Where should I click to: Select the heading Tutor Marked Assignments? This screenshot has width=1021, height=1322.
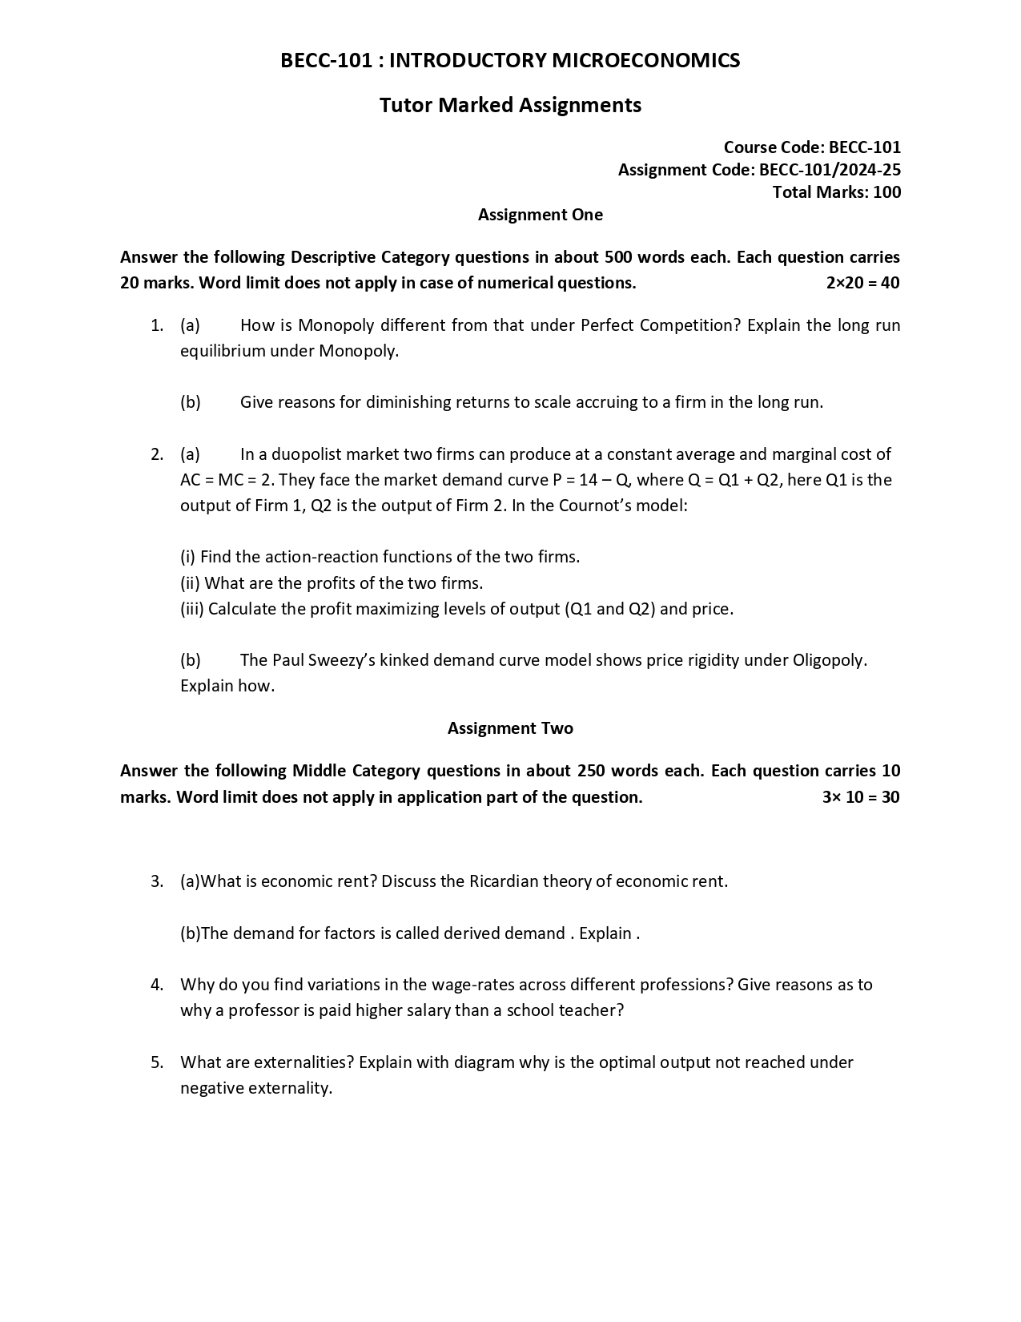point(510,105)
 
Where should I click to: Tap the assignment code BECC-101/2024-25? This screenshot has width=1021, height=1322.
point(830,169)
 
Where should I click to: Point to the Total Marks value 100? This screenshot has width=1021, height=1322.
point(887,191)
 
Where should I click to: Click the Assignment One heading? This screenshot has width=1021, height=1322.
point(540,214)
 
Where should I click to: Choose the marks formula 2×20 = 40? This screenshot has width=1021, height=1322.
point(862,282)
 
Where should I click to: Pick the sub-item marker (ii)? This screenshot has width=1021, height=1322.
point(190,582)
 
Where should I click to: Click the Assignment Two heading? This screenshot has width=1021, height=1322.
point(510,728)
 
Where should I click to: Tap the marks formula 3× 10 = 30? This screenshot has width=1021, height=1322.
point(860,796)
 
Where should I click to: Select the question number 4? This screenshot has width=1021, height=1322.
point(157,984)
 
